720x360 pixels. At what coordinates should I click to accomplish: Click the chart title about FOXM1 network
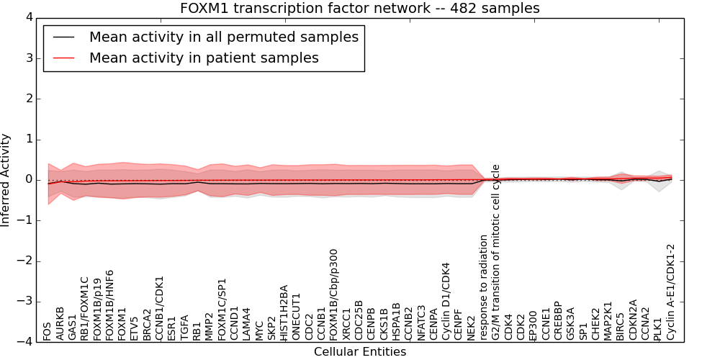tap(360, 8)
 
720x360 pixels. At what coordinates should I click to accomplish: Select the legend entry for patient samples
tap(204, 58)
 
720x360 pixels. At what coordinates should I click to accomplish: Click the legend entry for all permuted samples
tap(223, 37)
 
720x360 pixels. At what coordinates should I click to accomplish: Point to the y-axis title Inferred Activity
tap(6, 180)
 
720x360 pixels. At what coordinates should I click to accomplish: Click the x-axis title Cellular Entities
tap(360, 352)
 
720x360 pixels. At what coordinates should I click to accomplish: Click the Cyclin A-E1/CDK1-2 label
tap(671, 292)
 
